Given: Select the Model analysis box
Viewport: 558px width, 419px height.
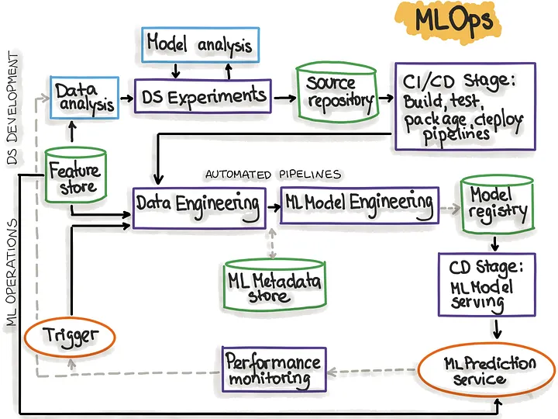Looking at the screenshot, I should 199,44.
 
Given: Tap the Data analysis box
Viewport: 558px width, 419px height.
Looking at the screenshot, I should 84,98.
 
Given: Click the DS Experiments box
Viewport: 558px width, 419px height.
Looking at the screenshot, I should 204,98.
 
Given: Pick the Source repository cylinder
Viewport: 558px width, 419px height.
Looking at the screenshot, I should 336,92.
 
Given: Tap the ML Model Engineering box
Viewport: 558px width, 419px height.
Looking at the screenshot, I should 359,204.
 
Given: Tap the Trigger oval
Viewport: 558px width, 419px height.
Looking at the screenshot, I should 70,335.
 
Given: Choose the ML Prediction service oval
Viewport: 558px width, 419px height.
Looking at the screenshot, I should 489,371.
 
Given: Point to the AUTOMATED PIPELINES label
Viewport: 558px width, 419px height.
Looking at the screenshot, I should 272,175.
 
